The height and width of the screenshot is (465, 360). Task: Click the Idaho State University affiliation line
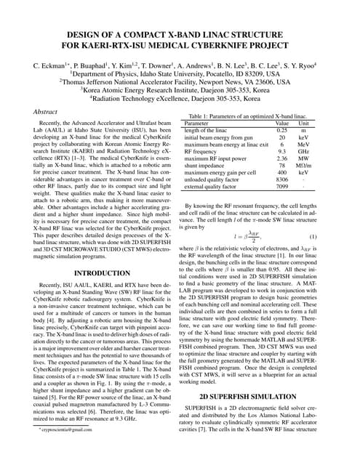pos(180,74)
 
